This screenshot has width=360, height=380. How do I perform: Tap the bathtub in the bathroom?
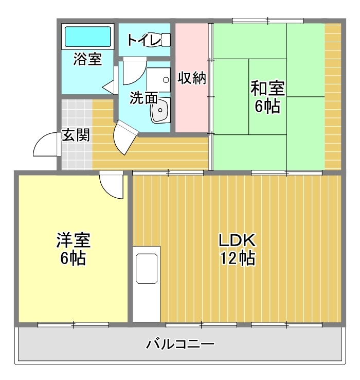coord(87,38)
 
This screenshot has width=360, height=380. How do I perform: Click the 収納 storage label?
coord(192,78)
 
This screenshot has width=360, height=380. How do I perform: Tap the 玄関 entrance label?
coord(76,135)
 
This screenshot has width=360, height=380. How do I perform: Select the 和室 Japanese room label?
coord(267,88)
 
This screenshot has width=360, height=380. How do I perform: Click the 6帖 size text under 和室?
coord(267,107)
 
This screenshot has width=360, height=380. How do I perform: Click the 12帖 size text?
coord(237,258)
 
